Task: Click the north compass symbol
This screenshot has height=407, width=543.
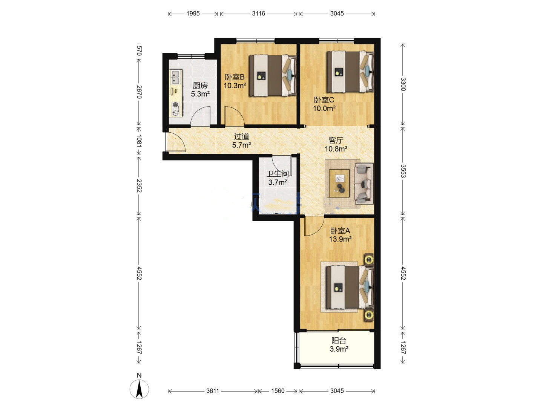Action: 139,386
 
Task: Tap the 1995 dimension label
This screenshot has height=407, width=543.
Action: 193,14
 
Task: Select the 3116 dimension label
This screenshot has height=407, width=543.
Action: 259,14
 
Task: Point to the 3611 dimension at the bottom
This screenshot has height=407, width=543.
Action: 213,391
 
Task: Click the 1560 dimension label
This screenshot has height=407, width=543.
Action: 278,391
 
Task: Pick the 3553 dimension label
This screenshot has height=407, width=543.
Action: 403,171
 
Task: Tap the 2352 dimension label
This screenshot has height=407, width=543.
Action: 139,186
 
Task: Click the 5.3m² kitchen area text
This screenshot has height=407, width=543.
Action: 200,94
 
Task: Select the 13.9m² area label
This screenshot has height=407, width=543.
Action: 341,239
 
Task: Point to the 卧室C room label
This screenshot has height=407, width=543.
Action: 324,100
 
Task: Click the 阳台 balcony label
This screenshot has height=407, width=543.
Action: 339,341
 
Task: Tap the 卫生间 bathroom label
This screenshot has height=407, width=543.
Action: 278,174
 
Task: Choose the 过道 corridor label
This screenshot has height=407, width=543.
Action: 241,136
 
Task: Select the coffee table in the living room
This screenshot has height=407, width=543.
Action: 339,184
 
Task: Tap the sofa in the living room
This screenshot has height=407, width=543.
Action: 364,184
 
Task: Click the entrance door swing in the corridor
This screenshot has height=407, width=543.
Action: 175,142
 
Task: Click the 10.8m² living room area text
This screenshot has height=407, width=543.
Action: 336,149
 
